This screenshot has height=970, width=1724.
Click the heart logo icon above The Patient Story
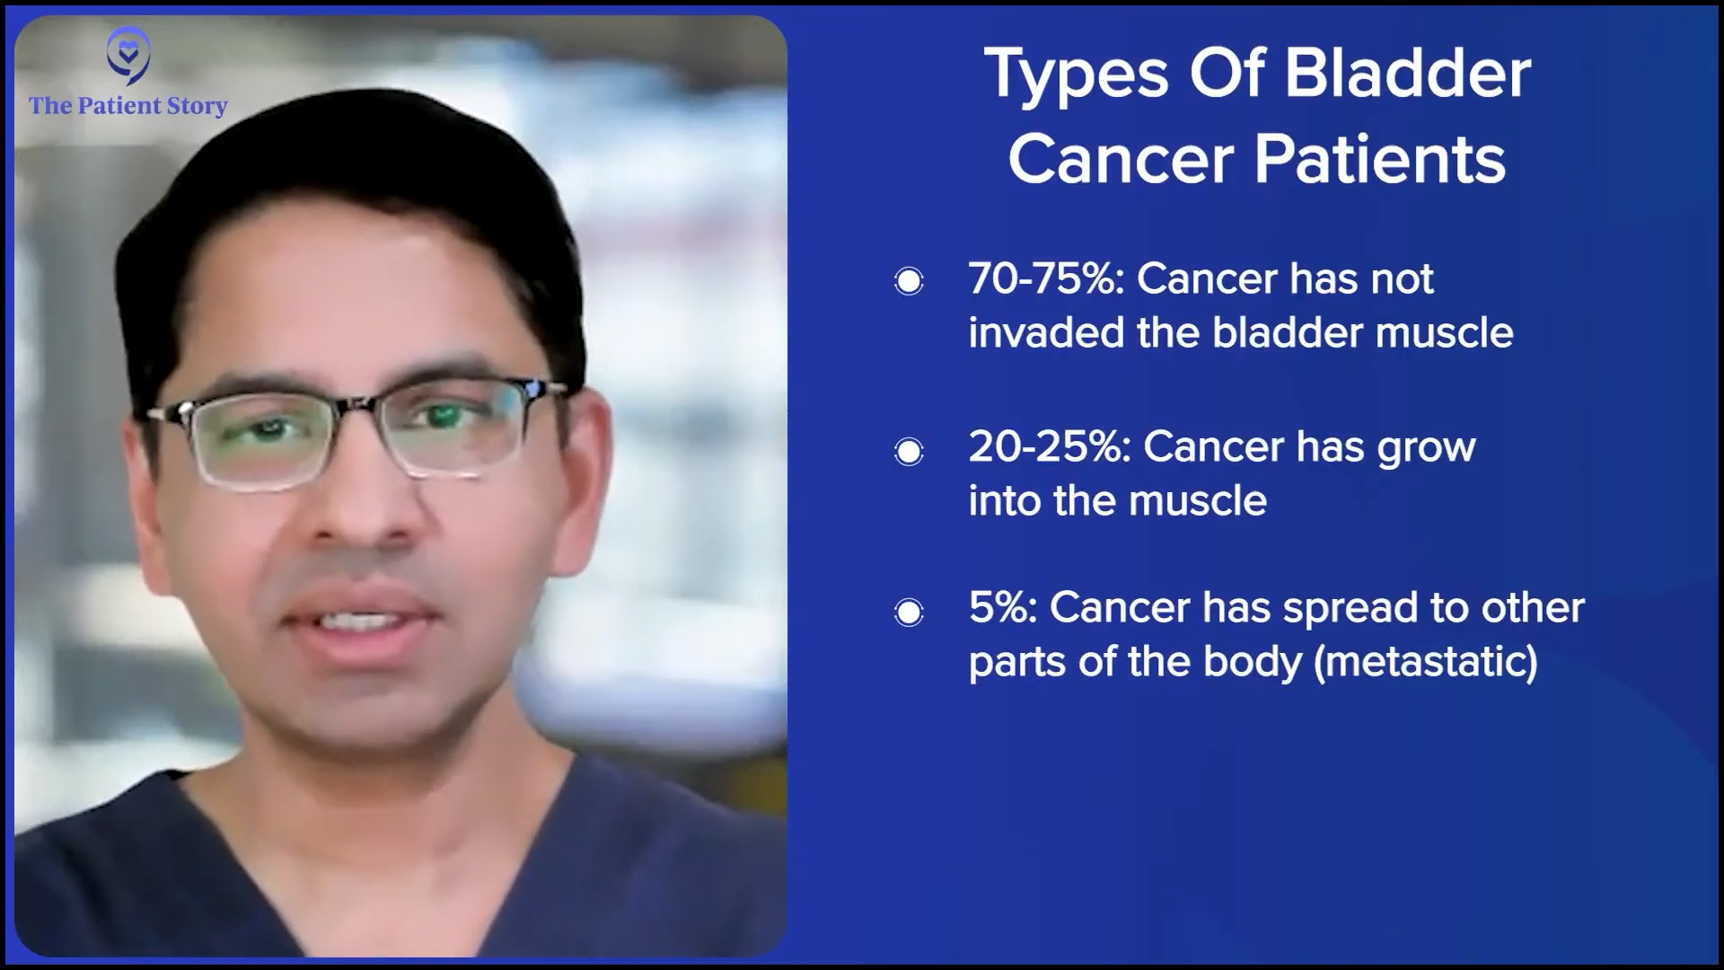[128, 55]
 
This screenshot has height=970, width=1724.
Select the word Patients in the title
[1380, 160]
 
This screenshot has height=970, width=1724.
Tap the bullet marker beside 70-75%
[909, 281]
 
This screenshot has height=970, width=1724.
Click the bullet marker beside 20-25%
[909, 450]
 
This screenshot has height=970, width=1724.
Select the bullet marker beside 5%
[909, 613]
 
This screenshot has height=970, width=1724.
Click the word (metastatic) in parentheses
[1426, 663]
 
